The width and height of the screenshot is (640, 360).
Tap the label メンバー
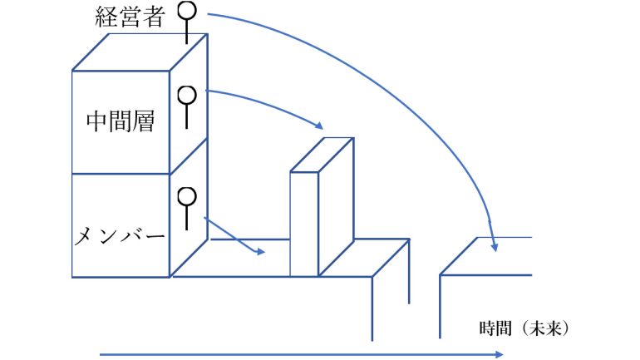click(x=120, y=236)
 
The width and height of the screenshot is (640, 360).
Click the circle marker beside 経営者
click(x=190, y=11)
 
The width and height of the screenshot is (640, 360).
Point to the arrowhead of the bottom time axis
click(x=499, y=354)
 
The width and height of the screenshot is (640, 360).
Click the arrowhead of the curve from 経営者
click(x=494, y=245)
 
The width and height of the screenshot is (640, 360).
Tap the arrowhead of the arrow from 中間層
click(x=318, y=126)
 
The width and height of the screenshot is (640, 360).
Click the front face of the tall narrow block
click(x=303, y=223)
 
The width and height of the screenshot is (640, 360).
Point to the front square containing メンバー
click(x=121, y=224)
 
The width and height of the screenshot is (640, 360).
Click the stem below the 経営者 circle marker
click(x=190, y=32)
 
